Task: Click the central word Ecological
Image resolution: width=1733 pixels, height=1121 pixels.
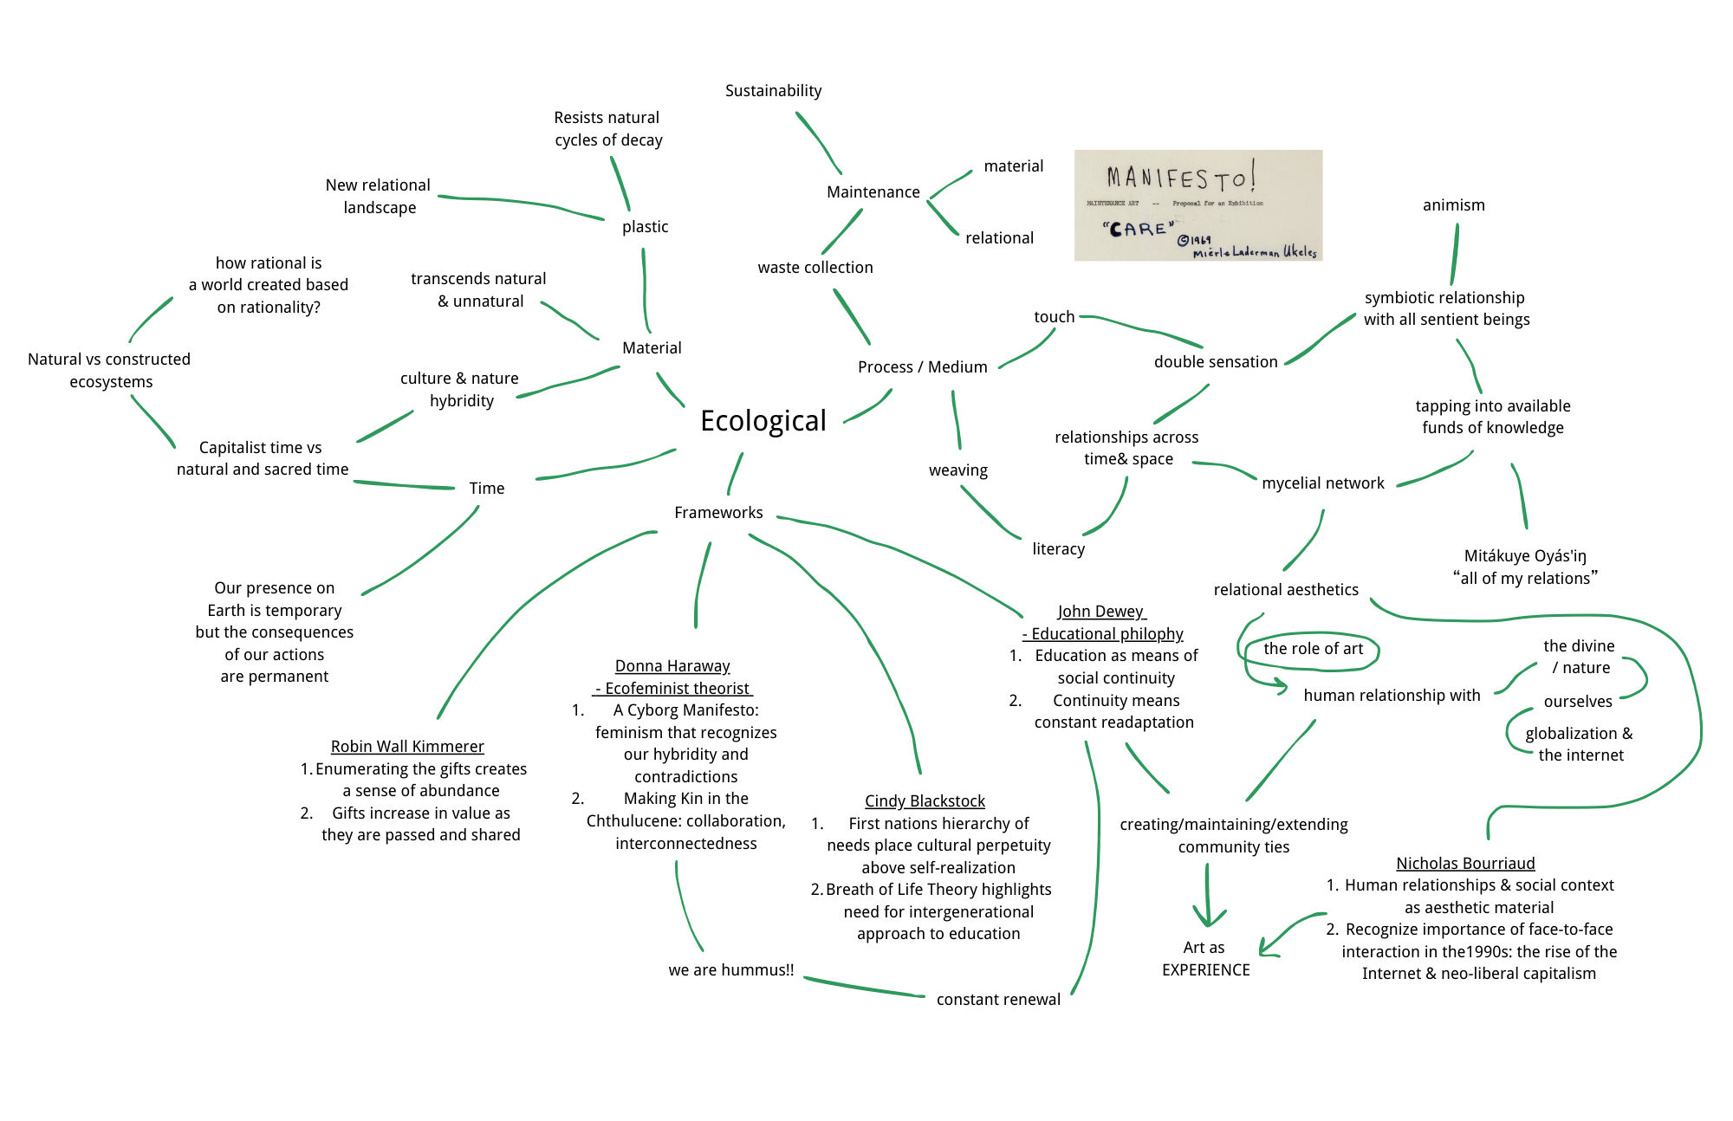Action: pyautogui.click(x=763, y=421)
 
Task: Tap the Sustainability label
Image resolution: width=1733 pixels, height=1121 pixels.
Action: pyautogui.click(x=773, y=91)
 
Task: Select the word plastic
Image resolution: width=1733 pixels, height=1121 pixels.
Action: pyautogui.click(x=645, y=227)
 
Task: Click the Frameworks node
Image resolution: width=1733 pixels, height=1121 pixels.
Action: pyautogui.click(x=718, y=513)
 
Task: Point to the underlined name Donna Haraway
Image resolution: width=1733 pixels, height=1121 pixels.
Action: pyautogui.click(x=672, y=666)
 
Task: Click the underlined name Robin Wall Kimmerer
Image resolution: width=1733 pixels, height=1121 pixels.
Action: pyautogui.click(x=407, y=747)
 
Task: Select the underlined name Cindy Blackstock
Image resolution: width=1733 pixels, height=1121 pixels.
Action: pyautogui.click(x=925, y=801)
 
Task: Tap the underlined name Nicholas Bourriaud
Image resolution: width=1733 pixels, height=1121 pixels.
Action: pyautogui.click(x=1465, y=864)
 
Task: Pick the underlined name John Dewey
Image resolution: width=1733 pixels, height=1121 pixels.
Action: pyautogui.click(x=1100, y=612)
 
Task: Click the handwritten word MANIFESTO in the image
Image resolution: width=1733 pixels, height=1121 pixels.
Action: pyautogui.click(x=1178, y=178)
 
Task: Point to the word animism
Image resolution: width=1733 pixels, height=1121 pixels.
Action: pyautogui.click(x=1453, y=205)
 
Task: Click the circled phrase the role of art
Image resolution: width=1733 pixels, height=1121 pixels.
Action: pyautogui.click(x=1313, y=649)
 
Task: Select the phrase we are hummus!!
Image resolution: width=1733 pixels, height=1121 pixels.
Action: pyautogui.click(x=730, y=970)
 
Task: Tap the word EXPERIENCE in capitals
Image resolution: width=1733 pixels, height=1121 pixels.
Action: pyautogui.click(x=1205, y=970)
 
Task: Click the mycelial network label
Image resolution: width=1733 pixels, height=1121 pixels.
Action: pyautogui.click(x=1322, y=483)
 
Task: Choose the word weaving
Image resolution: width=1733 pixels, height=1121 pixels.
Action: pyautogui.click(x=957, y=470)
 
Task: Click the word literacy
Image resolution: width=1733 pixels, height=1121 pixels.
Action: pyautogui.click(x=1058, y=549)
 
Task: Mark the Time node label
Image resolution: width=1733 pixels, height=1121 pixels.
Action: pyautogui.click(x=486, y=489)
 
